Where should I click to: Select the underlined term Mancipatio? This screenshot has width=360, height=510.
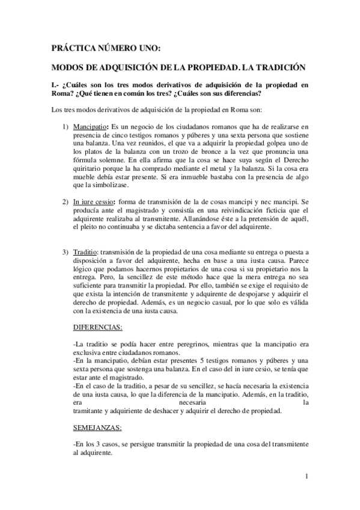coord(91,127)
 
